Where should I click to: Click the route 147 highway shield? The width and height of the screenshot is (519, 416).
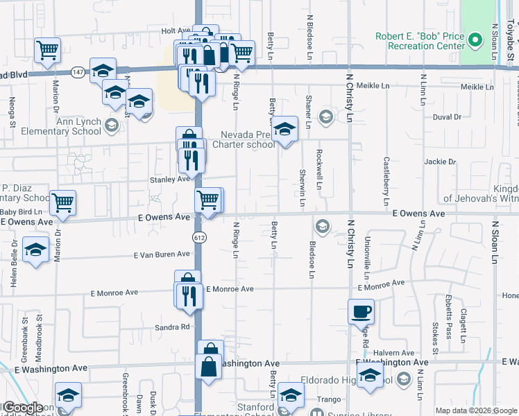[x=77, y=71]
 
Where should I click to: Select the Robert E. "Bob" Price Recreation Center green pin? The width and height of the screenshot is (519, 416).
[x=475, y=41]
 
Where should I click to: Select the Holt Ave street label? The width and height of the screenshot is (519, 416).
[x=176, y=31]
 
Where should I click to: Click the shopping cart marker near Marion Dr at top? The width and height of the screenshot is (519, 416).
[x=48, y=49]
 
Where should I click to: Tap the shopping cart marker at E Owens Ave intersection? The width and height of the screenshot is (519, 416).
[x=209, y=200]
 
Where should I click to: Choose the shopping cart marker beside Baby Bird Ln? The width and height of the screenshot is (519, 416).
[x=62, y=202]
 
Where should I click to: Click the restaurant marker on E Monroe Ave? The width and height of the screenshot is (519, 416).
[x=189, y=295]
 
